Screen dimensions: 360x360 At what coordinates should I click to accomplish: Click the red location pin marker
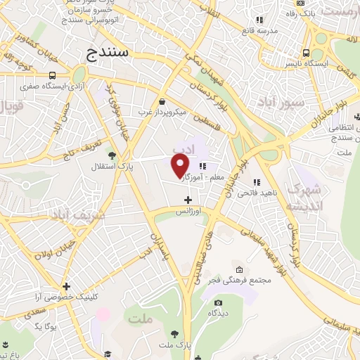(x=181, y=165)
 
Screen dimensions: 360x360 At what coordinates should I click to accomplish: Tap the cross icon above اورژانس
(x=188, y=200)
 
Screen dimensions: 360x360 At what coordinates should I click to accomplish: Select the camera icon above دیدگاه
(x=218, y=302)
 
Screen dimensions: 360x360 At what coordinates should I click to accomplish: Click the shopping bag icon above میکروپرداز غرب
(x=162, y=101)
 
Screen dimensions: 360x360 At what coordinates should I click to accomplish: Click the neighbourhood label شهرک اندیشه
(x=304, y=197)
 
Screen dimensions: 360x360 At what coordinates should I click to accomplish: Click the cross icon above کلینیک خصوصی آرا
(x=66, y=287)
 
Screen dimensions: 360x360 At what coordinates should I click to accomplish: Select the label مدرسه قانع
(x=262, y=31)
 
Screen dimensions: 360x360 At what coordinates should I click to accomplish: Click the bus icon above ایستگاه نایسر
(x=305, y=52)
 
